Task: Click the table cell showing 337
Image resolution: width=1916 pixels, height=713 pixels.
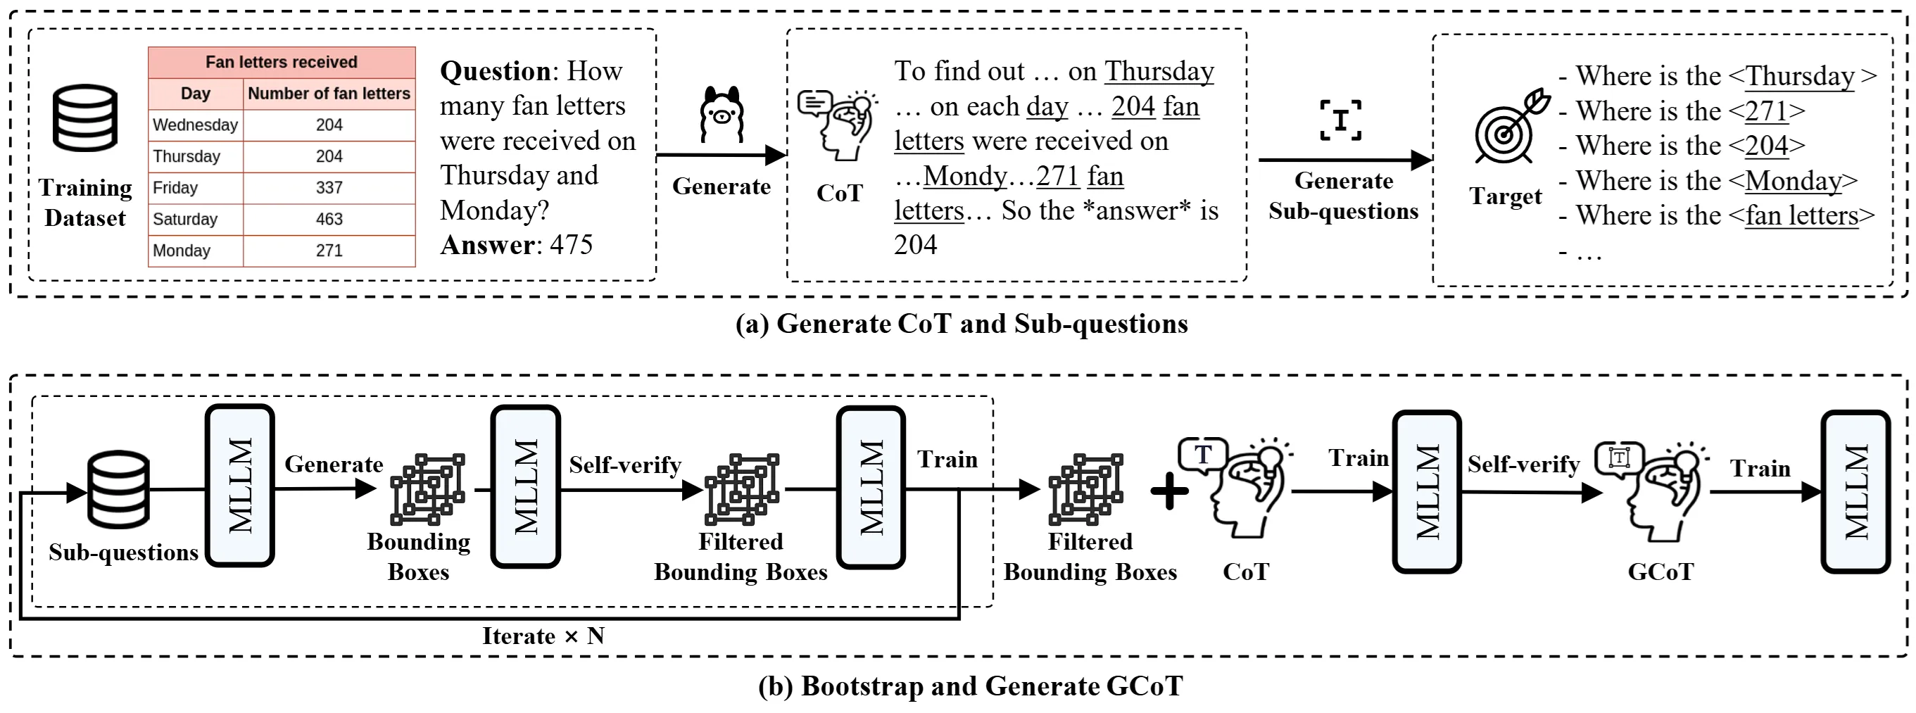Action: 329,187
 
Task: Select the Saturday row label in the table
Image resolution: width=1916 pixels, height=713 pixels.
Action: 185,220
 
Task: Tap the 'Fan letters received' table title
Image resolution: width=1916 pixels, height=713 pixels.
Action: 281,63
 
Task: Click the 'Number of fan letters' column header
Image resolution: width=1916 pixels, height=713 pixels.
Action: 329,94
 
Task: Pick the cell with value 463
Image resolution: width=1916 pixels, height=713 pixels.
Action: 329,220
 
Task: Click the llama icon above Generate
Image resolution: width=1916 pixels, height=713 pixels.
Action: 721,115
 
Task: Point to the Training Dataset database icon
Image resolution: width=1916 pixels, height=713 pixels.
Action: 84,118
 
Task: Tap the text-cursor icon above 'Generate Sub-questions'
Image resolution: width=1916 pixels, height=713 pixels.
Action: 1340,120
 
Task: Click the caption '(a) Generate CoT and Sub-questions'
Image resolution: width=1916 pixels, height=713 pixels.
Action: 961,324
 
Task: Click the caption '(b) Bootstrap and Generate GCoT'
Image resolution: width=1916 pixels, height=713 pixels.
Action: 970,686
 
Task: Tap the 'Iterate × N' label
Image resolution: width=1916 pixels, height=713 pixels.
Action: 543,636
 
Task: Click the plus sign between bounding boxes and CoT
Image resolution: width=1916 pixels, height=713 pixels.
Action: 1169,491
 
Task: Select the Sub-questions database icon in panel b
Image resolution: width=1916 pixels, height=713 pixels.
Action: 118,489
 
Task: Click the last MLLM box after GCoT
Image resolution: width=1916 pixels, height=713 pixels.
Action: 1855,491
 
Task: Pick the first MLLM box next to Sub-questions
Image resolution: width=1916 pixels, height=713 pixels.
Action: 239,486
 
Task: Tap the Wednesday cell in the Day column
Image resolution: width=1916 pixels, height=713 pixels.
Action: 195,125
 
